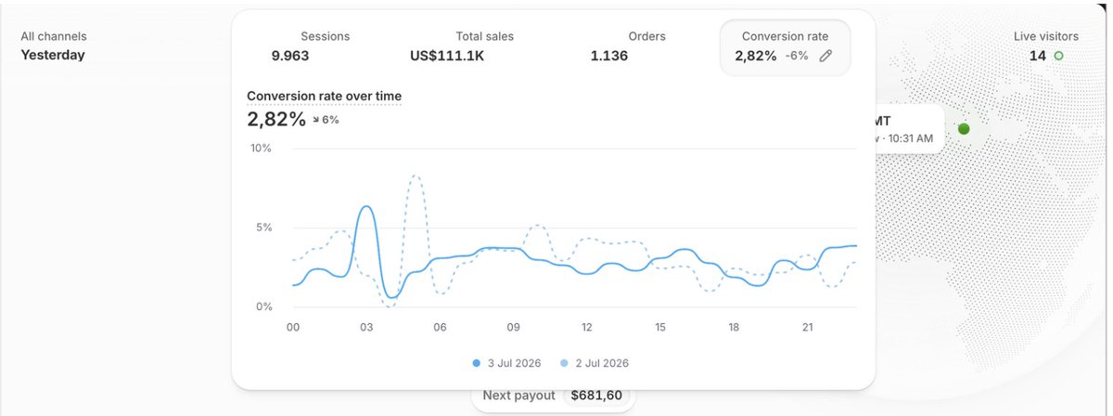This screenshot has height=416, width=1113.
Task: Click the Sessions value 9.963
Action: (290, 56)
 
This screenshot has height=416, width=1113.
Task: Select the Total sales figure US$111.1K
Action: (447, 56)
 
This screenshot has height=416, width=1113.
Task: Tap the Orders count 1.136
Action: (608, 56)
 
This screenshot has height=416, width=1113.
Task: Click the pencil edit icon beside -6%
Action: (825, 56)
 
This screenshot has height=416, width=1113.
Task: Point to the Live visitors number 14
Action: (1038, 56)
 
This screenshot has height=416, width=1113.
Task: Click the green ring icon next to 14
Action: (1059, 56)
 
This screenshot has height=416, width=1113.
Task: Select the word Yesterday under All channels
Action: (53, 55)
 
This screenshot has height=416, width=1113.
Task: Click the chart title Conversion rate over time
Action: (324, 96)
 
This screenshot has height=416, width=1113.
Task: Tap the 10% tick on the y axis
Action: (261, 149)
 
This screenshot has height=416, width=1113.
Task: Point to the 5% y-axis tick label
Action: (263, 227)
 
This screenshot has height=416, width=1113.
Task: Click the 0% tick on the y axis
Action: (263, 306)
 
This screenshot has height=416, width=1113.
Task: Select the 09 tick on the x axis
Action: (513, 328)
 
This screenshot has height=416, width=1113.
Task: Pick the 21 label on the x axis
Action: (808, 328)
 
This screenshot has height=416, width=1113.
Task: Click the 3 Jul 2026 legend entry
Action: (506, 363)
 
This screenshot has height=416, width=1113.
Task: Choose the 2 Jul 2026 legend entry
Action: (595, 363)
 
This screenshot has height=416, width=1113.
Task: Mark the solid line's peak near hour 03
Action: (366, 206)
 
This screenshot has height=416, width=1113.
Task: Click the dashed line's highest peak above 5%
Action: (416, 175)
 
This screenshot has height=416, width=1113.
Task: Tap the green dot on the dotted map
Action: (964, 129)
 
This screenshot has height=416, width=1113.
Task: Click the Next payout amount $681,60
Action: (596, 396)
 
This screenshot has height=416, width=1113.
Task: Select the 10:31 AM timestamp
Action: (910, 138)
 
